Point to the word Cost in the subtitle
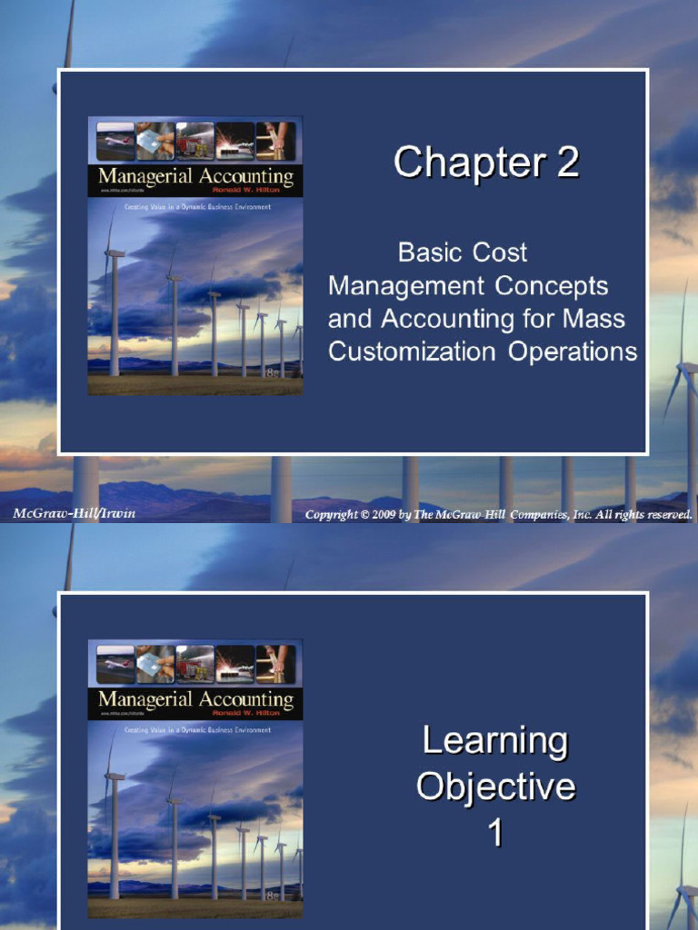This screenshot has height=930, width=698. (x=499, y=252)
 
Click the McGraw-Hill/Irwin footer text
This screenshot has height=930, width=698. (x=75, y=514)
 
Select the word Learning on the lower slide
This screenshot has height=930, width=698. (x=495, y=742)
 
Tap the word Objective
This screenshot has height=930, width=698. (x=495, y=787)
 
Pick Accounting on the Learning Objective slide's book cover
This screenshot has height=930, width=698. (x=247, y=699)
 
